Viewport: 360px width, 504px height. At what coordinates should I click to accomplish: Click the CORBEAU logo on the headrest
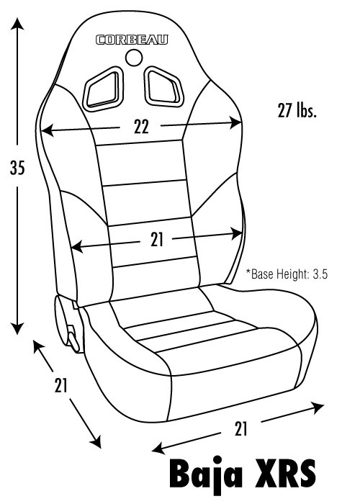coord(132,40)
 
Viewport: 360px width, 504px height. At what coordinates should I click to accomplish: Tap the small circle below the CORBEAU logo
coord(134,58)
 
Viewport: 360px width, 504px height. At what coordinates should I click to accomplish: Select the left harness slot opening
coord(103,89)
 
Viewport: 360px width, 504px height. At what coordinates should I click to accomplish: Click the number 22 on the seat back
coord(141,127)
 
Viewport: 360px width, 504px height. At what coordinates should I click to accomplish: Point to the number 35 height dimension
coord(17,168)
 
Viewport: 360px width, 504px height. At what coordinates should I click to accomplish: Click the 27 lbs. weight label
coord(297,111)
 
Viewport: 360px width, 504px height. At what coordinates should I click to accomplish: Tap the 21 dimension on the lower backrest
coord(157,240)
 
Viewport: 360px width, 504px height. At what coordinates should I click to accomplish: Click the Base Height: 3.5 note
coord(287,274)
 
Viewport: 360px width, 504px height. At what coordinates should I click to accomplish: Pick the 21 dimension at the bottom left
coord(60,385)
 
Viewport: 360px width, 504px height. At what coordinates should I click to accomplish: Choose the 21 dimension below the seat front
coord(240,429)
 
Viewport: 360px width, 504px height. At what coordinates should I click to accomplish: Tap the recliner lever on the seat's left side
coord(73,339)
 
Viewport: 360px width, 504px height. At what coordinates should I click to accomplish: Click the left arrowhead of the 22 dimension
coord(48,130)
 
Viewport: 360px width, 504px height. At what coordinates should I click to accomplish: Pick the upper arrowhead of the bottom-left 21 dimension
coord(38,346)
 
